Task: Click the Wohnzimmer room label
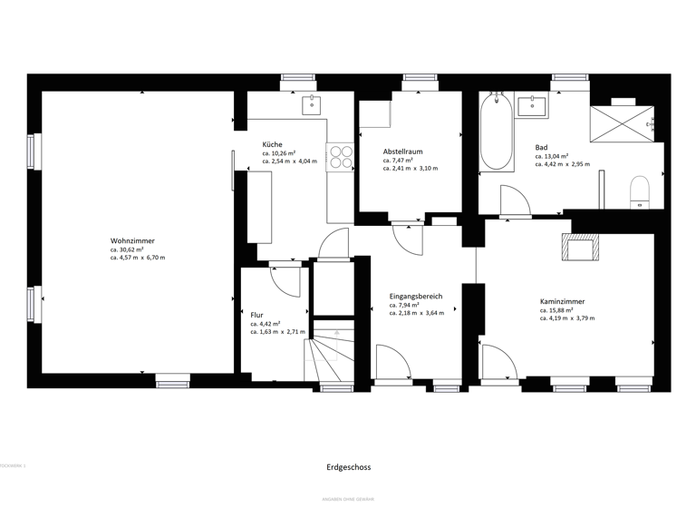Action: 132,240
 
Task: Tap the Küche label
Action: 273,144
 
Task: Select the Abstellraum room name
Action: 402,151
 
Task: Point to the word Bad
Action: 541,147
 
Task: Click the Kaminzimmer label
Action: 562,301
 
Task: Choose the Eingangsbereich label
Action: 416,297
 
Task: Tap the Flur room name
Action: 257,315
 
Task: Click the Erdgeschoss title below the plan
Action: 349,467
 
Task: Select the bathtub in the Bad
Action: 497,132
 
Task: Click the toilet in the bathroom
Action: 641,190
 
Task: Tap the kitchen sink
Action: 313,103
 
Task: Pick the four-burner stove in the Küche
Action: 341,157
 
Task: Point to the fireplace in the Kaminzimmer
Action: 580,247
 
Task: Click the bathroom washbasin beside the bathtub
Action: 532,105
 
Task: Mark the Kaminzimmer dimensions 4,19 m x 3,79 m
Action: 567,318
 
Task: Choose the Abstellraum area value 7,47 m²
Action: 398,161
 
